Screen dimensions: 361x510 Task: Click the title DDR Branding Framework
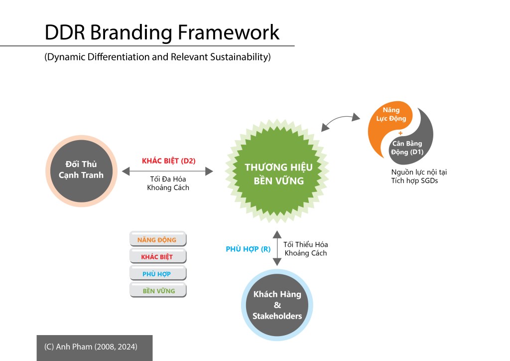pyautogui.click(x=162, y=32)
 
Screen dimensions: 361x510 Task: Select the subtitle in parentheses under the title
pyautogui.click(x=157, y=57)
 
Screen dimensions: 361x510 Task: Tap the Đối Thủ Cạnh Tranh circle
pyautogui.click(x=81, y=170)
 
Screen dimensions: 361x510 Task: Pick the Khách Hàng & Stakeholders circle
pyautogui.click(x=277, y=305)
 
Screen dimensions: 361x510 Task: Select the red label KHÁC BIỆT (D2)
pyautogui.click(x=169, y=161)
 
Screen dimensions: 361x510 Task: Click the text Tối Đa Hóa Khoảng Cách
pyautogui.click(x=168, y=183)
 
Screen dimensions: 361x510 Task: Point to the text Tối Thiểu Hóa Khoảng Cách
pyautogui.click(x=305, y=249)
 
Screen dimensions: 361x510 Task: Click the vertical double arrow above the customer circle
pyautogui.click(x=276, y=248)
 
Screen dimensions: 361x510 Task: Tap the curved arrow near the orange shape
pyautogui.click(x=340, y=120)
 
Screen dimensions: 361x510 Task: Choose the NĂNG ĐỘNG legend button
pyautogui.click(x=157, y=239)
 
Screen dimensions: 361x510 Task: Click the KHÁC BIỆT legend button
pyautogui.click(x=157, y=257)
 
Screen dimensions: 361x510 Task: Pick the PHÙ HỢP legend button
pyautogui.click(x=157, y=274)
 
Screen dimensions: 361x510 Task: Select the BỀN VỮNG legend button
pyautogui.click(x=157, y=291)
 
